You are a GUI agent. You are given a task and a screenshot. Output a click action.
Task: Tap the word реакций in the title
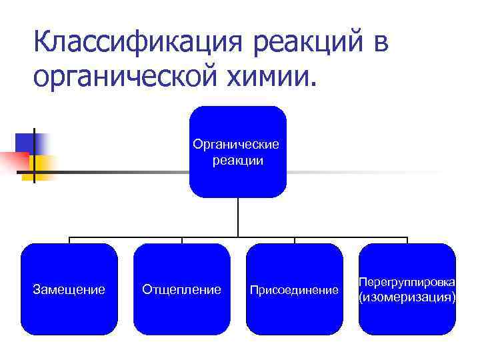pos(299,44)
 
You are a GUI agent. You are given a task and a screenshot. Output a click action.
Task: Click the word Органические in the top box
pos(237,144)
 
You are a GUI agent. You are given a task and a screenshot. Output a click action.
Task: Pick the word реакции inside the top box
pos(238,161)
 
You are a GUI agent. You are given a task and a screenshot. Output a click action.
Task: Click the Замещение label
pos(69,289)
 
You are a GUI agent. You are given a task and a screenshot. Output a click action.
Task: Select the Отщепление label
pos(181,289)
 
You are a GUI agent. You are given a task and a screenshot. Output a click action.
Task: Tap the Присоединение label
pos(294,290)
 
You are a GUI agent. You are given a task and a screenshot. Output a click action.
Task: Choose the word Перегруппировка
pos(407,283)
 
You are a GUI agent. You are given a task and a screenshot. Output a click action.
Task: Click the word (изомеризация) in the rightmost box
pos(407,297)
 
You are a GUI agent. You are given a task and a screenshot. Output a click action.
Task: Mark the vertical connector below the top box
pos(238,217)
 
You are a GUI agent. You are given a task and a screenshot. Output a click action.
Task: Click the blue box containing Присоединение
pos(294,313)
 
